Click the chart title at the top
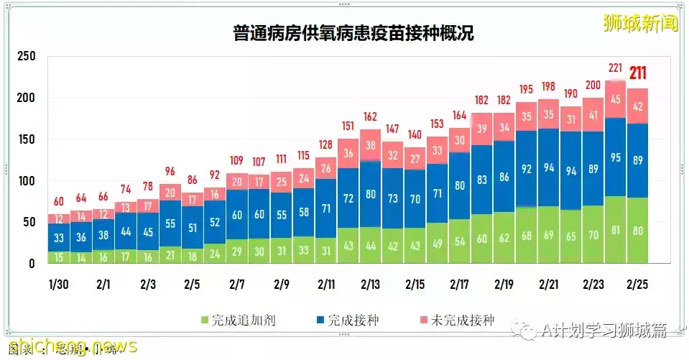point(353,33)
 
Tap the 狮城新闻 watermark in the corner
point(641,24)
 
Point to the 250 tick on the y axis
point(26,57)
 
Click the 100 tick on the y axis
point(26,181)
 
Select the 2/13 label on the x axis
point(371,284)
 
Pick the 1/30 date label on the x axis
point(59,284)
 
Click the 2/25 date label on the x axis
point(638,284)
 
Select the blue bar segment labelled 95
point(616,157)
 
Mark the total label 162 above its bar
point(371,116)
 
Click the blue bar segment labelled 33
point(59,237)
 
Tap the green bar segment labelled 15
point(59,257)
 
